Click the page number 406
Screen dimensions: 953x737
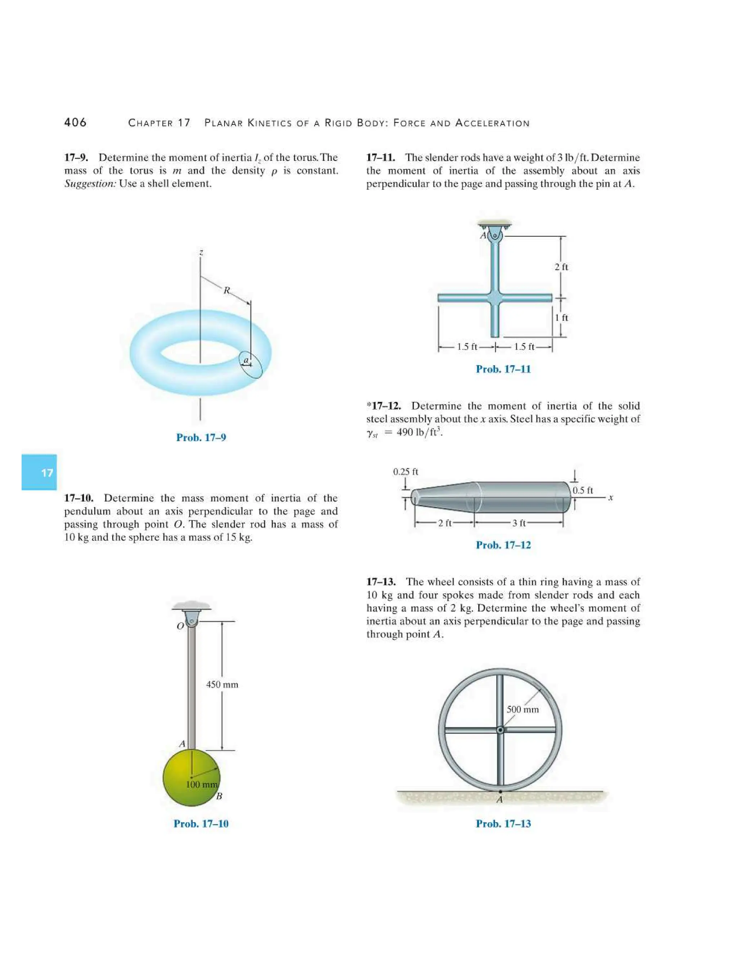pos(75,123)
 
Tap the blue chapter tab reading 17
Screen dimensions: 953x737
pos(39,473)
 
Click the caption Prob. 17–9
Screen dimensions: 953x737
pos(201,437)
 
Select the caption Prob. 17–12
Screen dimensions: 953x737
pos(503,545)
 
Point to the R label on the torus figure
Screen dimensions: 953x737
pos(227,290)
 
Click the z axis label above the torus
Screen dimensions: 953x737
pos(201,252)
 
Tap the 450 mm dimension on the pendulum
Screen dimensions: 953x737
pos(222,685)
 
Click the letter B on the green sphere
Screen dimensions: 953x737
pos(219,796)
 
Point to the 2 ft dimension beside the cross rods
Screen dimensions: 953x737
pos(561,267)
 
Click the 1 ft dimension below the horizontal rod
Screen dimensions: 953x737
pos(561,318)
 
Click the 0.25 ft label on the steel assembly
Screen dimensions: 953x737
pos(406,472)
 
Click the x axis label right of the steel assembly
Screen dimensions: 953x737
pos(611,497)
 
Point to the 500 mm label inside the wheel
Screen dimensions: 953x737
pos(523,710)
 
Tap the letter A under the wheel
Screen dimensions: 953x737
pos(500,799)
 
